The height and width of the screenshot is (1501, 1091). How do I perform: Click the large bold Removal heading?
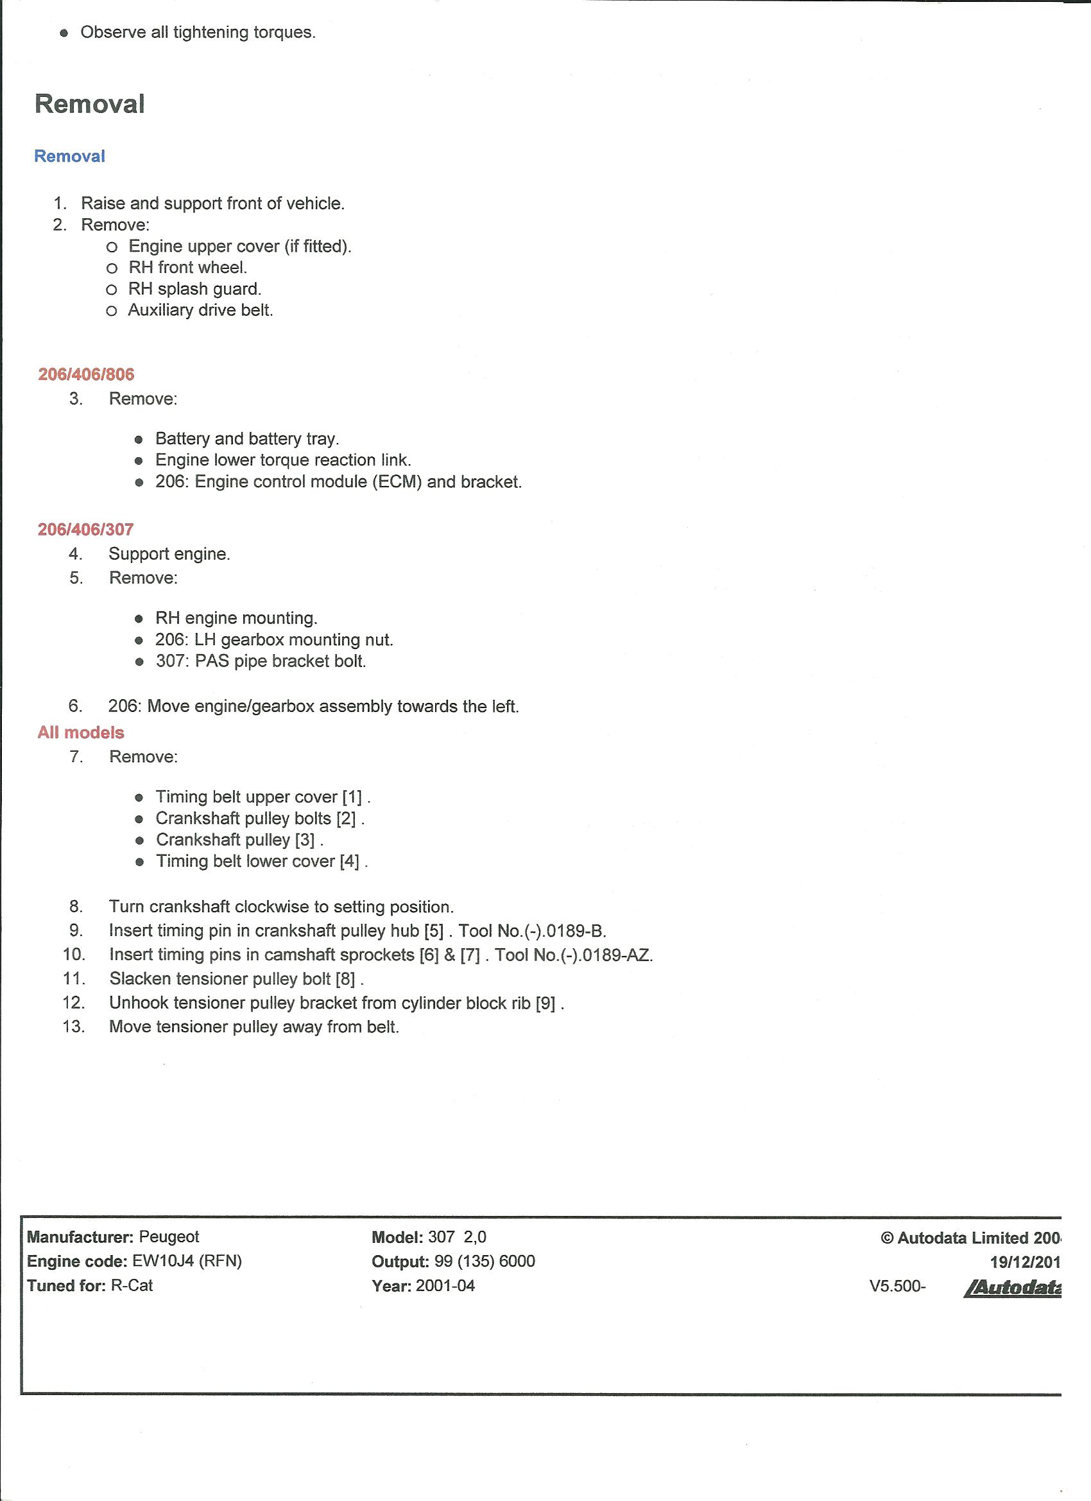click(89, 104)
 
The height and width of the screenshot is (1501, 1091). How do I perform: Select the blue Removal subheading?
click(69, 156)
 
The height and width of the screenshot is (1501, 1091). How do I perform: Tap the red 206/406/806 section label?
click(86, 374)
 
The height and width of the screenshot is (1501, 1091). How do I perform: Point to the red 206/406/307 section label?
click(86, 530)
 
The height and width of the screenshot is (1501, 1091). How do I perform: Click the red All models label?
click(81, 733)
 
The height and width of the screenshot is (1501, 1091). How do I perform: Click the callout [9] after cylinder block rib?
click(546, 1003)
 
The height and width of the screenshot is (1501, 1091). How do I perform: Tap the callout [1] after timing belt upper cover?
click(352, 797)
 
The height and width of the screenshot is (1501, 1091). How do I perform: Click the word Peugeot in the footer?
click(169, 1236)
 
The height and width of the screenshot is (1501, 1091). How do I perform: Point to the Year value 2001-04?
click(445, 1285)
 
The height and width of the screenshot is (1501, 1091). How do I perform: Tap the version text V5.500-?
click(898, 1286)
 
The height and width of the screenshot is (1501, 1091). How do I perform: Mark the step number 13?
click(74, 1027)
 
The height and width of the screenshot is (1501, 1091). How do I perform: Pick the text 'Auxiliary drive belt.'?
click(200, 309)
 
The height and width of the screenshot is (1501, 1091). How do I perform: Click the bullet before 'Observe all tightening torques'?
click(64, 33)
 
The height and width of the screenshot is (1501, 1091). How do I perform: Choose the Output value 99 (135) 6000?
click(485, 1261)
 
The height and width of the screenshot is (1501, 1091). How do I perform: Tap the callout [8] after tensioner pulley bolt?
click(345, 979)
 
